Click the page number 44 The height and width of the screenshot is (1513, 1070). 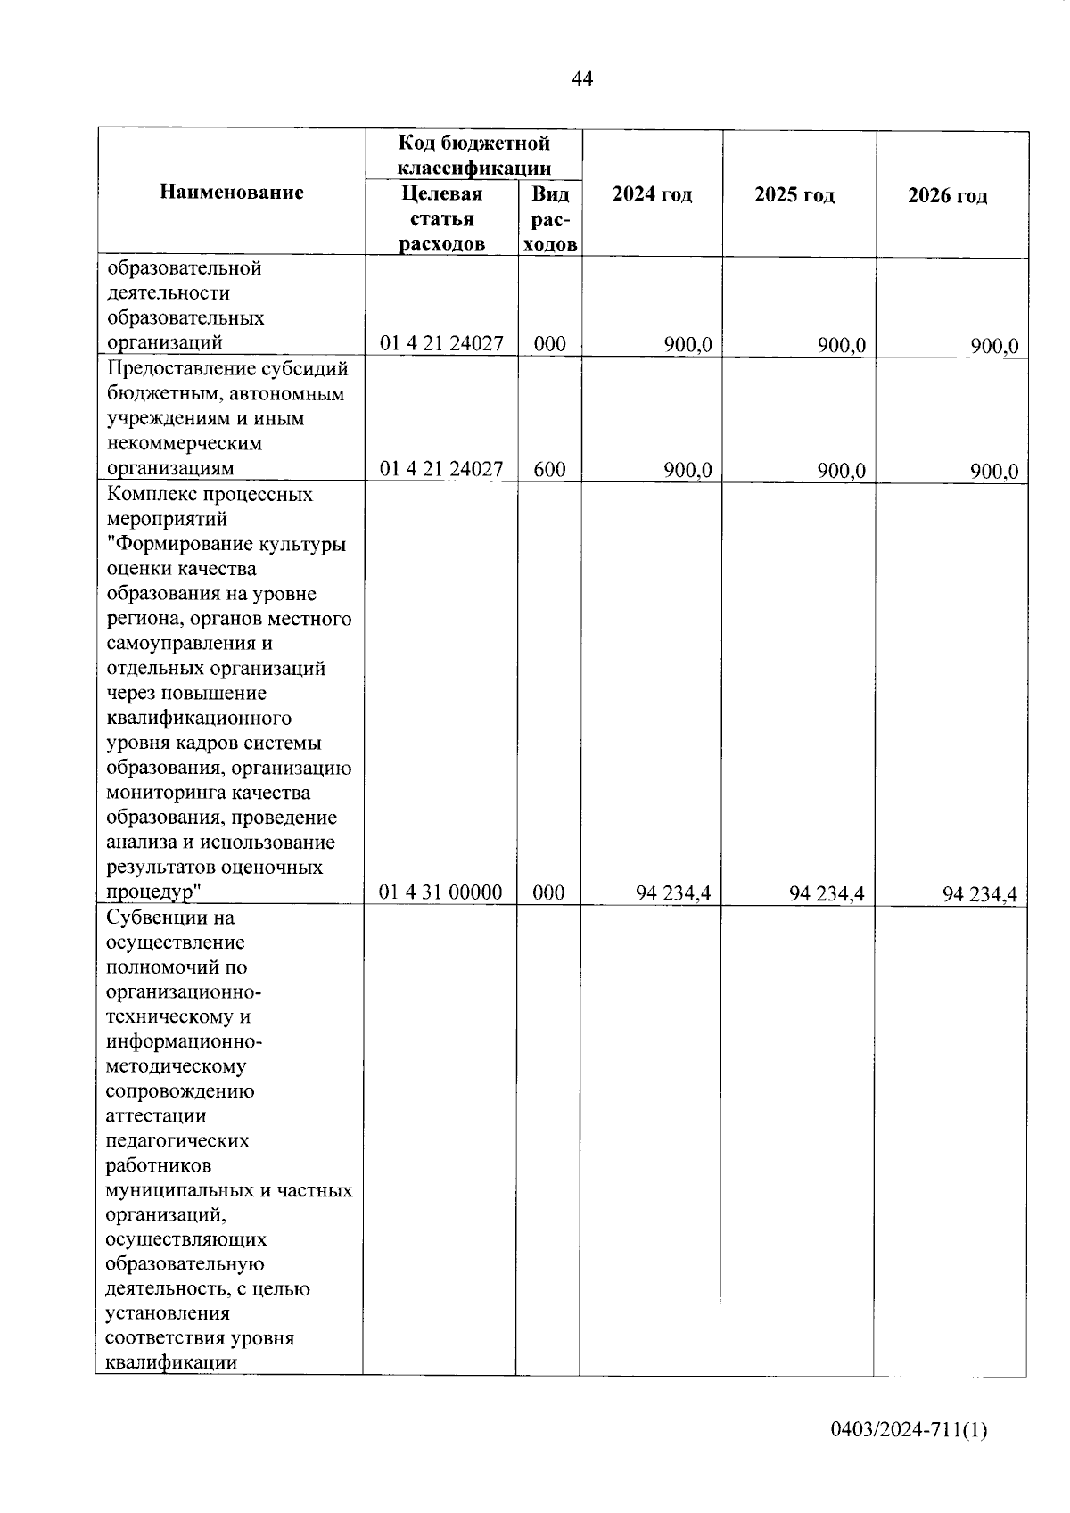coord(581,79)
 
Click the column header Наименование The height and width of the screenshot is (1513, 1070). coord(232,193)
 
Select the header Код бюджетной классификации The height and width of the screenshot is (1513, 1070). coord(473,155)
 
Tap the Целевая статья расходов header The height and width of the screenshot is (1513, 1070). coord(442,219)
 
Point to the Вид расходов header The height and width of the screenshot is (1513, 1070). coord(550,219)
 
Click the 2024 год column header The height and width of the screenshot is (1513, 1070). coord(652,194)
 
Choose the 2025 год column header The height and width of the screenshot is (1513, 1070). coord(794,195)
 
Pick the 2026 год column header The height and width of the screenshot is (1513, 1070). coord(947,196)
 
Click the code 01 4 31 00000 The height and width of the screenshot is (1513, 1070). coord(441,892)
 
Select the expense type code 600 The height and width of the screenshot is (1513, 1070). coord(549,469)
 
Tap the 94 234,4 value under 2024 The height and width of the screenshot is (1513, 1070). coord(673,893)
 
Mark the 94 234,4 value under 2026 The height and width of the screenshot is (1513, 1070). coord(980,895)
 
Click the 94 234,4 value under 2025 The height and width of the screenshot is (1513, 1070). coord(827,894)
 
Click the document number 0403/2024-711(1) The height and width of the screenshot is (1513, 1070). coord(909,1430)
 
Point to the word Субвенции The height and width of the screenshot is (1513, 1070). coord(158,917)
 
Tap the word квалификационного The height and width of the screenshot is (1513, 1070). coord(199,718)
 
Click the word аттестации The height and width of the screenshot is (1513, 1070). coord(156,1115)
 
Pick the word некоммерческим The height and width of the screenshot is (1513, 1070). coord(185,443)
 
